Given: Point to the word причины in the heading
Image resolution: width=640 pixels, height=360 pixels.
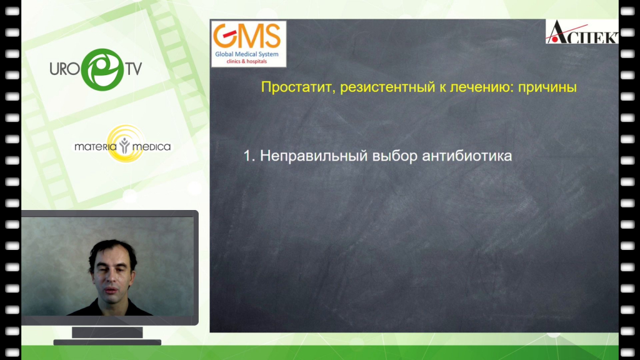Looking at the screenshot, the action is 547,87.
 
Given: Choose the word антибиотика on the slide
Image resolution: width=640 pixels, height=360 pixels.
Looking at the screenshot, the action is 467,156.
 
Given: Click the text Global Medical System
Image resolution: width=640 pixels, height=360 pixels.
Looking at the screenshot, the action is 247,54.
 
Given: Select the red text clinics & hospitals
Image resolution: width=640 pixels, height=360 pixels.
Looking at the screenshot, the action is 246,62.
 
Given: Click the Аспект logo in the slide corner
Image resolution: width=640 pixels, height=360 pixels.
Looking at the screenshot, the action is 582,32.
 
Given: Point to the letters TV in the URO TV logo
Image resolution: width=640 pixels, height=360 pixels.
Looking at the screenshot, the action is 134,69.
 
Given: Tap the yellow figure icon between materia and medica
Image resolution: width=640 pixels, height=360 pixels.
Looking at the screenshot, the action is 124,146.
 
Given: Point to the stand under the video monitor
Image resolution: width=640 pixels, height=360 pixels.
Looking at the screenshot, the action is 107,336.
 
